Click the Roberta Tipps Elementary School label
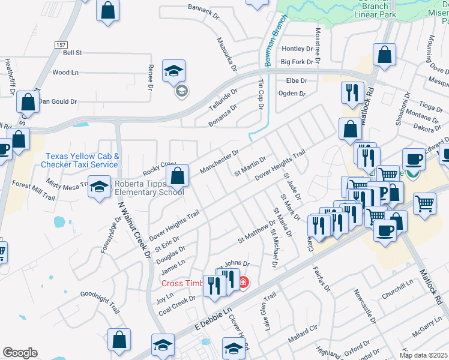(149, 188)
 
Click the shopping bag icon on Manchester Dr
(177, 176)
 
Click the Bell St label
(72, 53)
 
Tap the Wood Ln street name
(65, 73)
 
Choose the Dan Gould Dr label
(58, 102)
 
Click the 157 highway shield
(61, 45)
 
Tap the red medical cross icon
(243, 282)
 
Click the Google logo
(20, 353)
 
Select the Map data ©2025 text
(423, 355)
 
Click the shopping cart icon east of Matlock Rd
(424, 203)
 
